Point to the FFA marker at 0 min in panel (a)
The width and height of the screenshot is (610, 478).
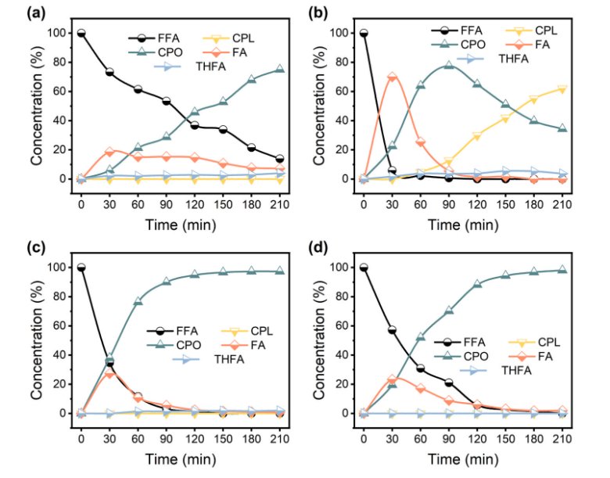pyautogui.click(x=81, y=33)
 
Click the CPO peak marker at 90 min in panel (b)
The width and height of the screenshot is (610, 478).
pyautogui.click(x=448, y=65)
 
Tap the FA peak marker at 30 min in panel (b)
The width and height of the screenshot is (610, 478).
pyautogui.click(x=392, y=77)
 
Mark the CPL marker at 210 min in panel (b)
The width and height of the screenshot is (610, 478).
pyautogui.click(x=562, y=88)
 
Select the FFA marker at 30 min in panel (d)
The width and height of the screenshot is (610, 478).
pyautogui.click(x=392, y=329)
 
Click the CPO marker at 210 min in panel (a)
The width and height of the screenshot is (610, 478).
pyautogui.click(x=279, y=70)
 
